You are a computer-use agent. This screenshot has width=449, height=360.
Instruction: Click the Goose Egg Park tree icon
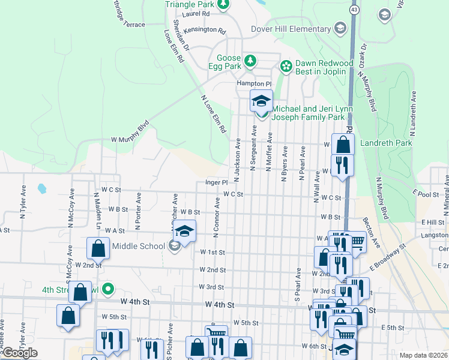250,61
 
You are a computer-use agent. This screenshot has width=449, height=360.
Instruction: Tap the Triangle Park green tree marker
223,5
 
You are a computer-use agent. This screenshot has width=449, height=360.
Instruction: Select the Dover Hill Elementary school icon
340,28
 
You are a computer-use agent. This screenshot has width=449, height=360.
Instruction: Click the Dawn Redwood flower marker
286,65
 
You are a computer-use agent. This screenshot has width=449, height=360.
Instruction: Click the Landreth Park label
385,143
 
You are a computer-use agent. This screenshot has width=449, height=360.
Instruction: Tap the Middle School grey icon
174,245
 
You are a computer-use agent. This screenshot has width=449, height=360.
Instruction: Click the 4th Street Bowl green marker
108,290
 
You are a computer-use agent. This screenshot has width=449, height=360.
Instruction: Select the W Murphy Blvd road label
130,139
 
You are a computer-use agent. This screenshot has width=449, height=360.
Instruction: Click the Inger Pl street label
216,182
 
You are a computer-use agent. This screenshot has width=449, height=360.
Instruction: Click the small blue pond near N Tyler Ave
41,189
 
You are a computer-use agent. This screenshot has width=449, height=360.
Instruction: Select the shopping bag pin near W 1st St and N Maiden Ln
98,248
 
